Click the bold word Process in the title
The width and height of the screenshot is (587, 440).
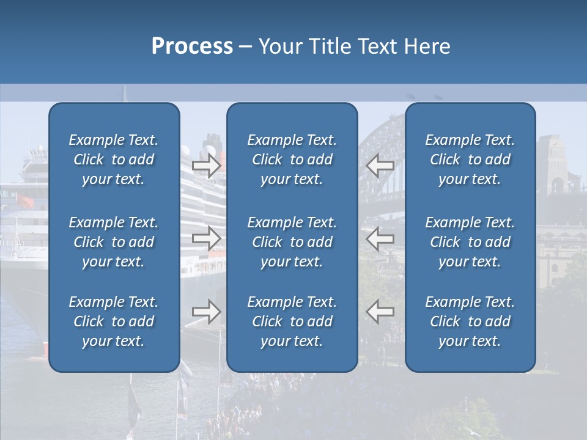pyautogui.click(x=192, y=46)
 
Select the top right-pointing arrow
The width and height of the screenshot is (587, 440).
pyautogui.click(x=206, y=166)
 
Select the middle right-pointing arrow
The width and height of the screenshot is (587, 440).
pyautogui.click(x=206, y=238)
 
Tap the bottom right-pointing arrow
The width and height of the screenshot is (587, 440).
pyautogui.click(x=206, y=312)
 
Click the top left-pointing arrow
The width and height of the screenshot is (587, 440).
pyautogui.click(x=380, y=166)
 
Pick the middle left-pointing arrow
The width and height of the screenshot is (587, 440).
pyautogui.click(x=380, y=238)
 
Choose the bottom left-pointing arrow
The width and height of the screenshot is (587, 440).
pyautogui.click(x=380, y=312)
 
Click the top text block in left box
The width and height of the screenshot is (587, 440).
pyautogui.click(x=114, y=159)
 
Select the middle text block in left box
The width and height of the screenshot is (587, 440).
pyautogui.click(x=114, y=242)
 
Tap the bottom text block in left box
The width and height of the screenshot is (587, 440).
pyautogui.click(x=114, y=321)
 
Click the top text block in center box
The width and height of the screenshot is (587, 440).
pyautogui.click(x=292, y=159)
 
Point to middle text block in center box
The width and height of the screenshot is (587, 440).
pyautogui.click(x=292, y=242)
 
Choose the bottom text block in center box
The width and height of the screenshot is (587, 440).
pyautogui.click(x=292, y=321)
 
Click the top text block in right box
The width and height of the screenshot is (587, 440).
pyautogui.click(x=470, y=159)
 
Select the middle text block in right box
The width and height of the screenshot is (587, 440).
pyautogui.click(x=470, y=242)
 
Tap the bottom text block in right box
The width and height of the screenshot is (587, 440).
pyautogui.click(x=470, y=321)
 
